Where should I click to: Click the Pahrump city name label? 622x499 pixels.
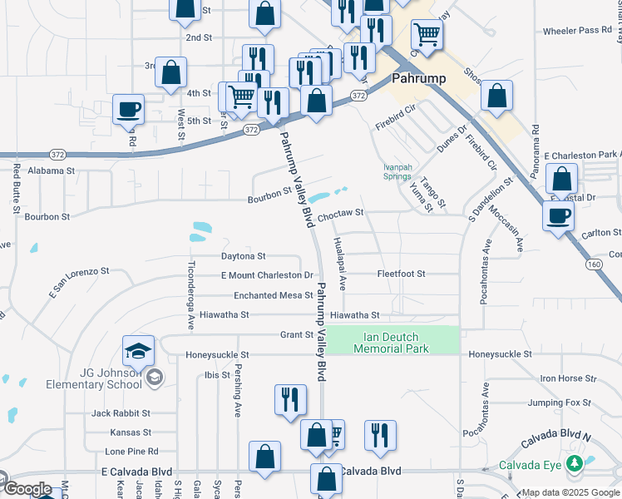click(419, 79)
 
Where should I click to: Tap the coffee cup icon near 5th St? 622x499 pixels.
click(128, 109)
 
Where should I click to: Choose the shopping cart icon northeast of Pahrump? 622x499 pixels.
click(427, 35)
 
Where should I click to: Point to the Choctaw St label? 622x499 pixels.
click(341, 213)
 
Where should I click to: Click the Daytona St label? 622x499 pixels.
click(243, 256)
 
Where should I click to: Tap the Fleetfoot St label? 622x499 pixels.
click(401, 274)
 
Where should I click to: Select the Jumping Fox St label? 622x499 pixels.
click(563, 403)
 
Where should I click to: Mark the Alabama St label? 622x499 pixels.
click(51, 170)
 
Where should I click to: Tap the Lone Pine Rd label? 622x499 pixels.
click(131, 451)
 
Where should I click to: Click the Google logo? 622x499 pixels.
click(28, 489)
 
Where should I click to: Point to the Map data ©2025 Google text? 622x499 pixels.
click(569, 492)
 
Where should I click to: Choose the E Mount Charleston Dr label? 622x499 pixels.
click(266, 275)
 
